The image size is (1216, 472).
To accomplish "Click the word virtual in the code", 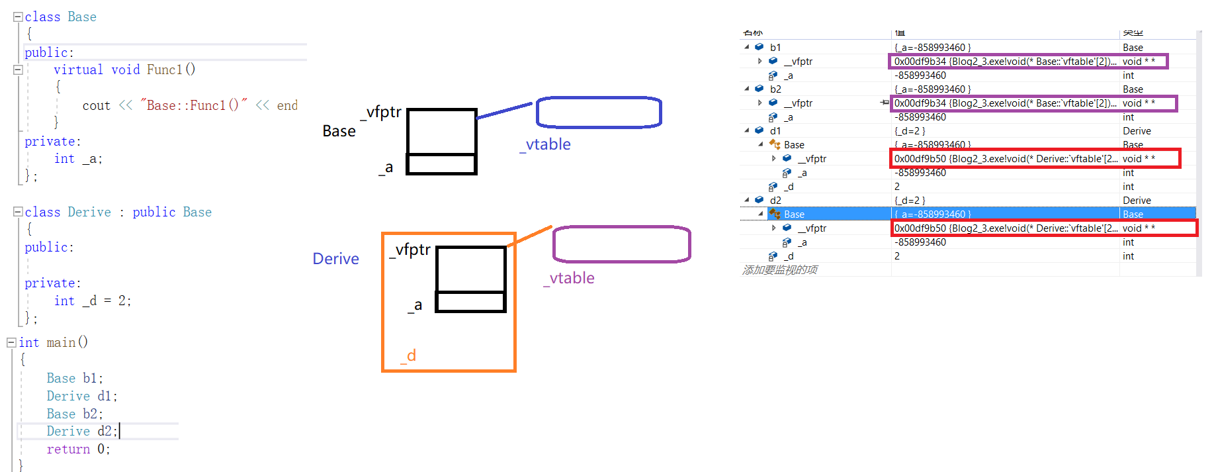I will [78, 70].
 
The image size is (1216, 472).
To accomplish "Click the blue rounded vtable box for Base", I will [598, 112].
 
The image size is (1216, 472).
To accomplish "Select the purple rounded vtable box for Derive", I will [621, 244].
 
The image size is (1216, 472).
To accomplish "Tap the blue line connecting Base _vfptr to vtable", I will [504, 111].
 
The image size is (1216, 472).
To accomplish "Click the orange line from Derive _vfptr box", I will [530, 236].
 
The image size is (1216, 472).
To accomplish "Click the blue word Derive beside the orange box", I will [335, 259].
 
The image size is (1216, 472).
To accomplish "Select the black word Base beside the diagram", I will [339, 131].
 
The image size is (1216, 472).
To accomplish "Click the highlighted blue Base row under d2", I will [794, 214].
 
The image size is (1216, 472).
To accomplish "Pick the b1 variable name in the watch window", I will [775, 48].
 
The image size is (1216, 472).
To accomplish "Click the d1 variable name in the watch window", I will [775, 131].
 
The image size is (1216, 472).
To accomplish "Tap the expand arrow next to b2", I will [747, 89].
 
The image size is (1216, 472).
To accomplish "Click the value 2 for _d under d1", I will [897, 187].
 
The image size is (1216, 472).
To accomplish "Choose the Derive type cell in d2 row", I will [1137, 201].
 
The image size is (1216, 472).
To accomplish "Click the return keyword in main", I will [68, 449].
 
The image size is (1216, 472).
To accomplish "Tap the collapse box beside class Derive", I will [18, 212].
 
